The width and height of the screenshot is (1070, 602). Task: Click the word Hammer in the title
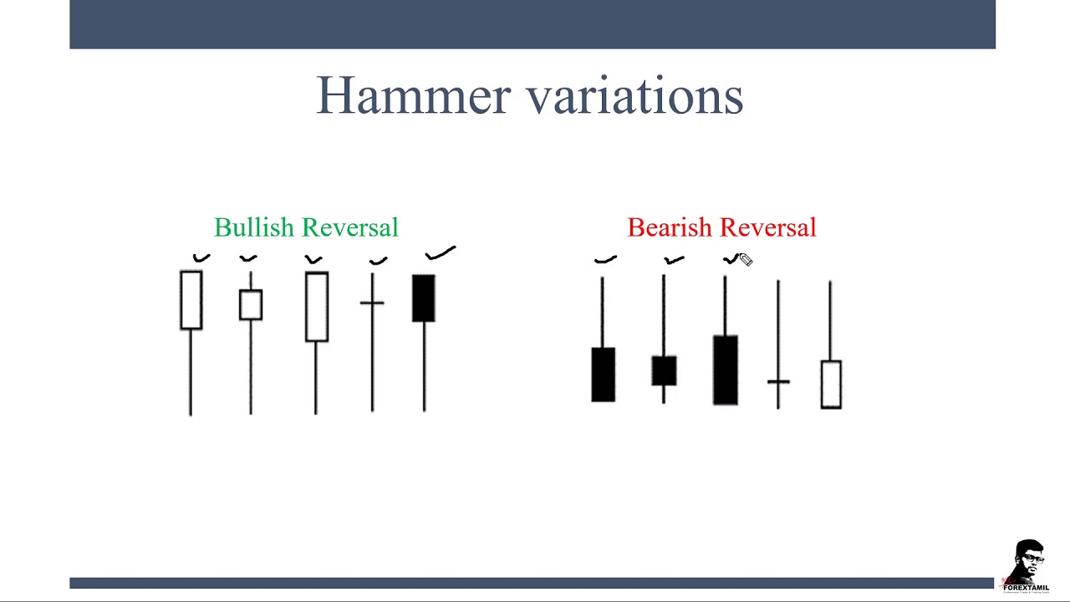[x=413, y=95]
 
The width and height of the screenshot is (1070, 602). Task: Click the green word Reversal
[x=350, y=227]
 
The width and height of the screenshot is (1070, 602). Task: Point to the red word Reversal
[x=768, y=227]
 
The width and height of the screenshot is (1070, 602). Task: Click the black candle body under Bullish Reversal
[x=424, y=298]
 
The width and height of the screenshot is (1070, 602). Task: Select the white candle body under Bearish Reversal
[x=831, y=385]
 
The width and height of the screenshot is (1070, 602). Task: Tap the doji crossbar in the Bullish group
[x=372, y=303]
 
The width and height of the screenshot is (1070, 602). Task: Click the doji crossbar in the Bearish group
[x=778, y=382]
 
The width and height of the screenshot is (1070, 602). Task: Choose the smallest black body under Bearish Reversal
[x=664, y=370]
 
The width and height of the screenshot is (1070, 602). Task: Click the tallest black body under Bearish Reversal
[x=726, y=370]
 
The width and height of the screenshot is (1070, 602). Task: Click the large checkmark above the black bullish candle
[x=440, y=253]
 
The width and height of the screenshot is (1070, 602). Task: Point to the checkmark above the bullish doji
[x=379, y=261]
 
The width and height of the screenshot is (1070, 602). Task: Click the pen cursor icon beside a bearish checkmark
[x=746, y=260]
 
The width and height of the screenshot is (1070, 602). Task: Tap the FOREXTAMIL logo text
[x=1026, y=588]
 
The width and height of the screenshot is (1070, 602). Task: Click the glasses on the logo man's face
[x=1032, y=558]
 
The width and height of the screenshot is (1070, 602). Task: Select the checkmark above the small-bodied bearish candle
[x=674, y=260]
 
